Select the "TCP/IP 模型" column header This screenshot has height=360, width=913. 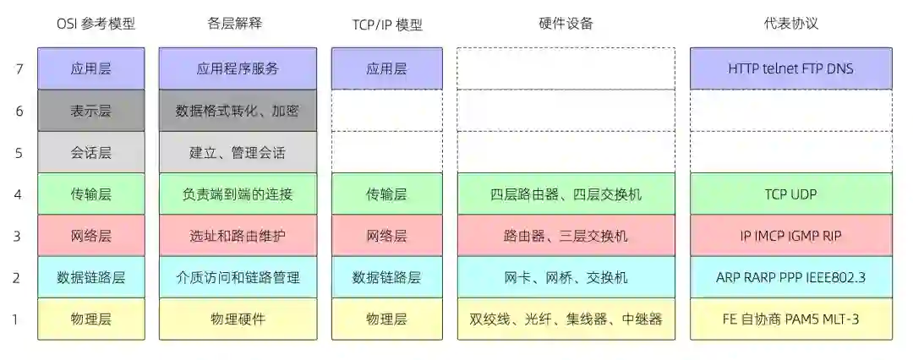(387, 25)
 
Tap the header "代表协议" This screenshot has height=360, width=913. (790, 25)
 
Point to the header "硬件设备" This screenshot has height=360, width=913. (566, 25)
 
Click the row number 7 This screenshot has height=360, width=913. (19, 68)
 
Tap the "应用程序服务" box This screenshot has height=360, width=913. (238, 68)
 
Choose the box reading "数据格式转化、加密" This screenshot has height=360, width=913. (238, 110)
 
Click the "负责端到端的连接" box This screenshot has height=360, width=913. (238, 194)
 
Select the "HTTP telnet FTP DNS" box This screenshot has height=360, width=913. (790, 68)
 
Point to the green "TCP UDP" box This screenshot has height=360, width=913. (790, 194)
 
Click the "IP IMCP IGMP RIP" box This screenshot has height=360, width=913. (790, 236)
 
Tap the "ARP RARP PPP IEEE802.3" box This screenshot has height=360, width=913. (790, 276)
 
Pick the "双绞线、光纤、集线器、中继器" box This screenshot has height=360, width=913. (566, 319)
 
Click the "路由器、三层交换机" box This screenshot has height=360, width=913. (566, 236)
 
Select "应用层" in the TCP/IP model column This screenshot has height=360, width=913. (387, 68)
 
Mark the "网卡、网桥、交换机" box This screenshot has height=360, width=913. (566, 276)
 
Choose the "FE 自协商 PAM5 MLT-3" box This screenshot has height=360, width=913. (790, 319)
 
